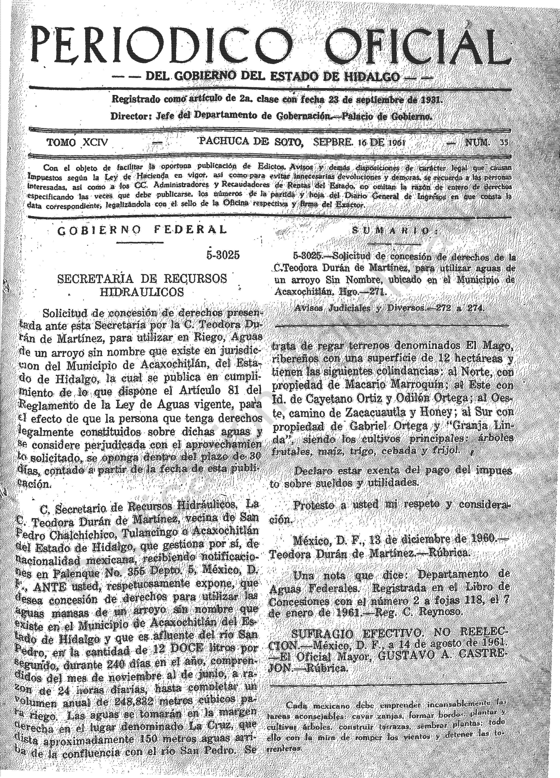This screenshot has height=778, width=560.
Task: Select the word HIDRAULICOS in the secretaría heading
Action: tap(142, 292)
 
